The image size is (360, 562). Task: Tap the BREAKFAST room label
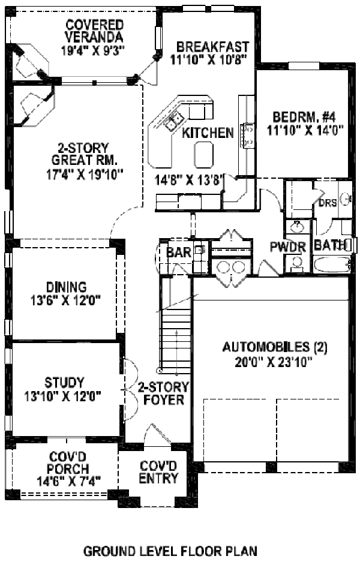point(205,46)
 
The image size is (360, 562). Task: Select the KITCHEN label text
point(208,133)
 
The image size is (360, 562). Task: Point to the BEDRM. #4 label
point(298,116)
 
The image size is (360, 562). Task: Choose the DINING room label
point(66,287)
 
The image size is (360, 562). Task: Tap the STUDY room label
point(64,383)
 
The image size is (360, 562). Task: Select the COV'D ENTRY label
point(158,472)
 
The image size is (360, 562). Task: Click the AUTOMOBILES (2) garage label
point(275,347)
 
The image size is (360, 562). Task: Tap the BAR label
point(178,253)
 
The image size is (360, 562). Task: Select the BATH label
point(329,245)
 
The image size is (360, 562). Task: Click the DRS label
point(327,203)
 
